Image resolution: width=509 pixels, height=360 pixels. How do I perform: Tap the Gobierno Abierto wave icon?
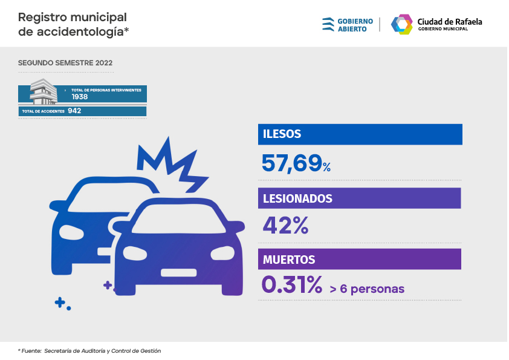328,24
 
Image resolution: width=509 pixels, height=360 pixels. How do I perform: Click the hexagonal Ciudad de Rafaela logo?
402,24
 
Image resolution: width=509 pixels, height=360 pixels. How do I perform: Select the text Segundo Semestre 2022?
65,63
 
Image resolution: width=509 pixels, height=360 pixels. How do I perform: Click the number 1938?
80,97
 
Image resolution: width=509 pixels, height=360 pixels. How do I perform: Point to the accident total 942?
75,111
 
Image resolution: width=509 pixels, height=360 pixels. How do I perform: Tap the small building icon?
44,91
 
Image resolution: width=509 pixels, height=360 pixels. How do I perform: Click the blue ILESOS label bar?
360,134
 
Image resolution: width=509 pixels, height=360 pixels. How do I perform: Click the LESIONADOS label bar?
360,198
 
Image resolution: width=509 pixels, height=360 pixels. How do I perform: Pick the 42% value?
285,226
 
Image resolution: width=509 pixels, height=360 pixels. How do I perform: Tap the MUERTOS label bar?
360,260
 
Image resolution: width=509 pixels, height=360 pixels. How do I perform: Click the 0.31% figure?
291,286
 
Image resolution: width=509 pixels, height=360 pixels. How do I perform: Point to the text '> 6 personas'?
367,289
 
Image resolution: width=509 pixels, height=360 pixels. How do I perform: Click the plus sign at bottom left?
60,302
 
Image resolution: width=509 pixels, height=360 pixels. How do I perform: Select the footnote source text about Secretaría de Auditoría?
89,351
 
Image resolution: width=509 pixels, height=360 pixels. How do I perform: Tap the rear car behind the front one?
79,224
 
